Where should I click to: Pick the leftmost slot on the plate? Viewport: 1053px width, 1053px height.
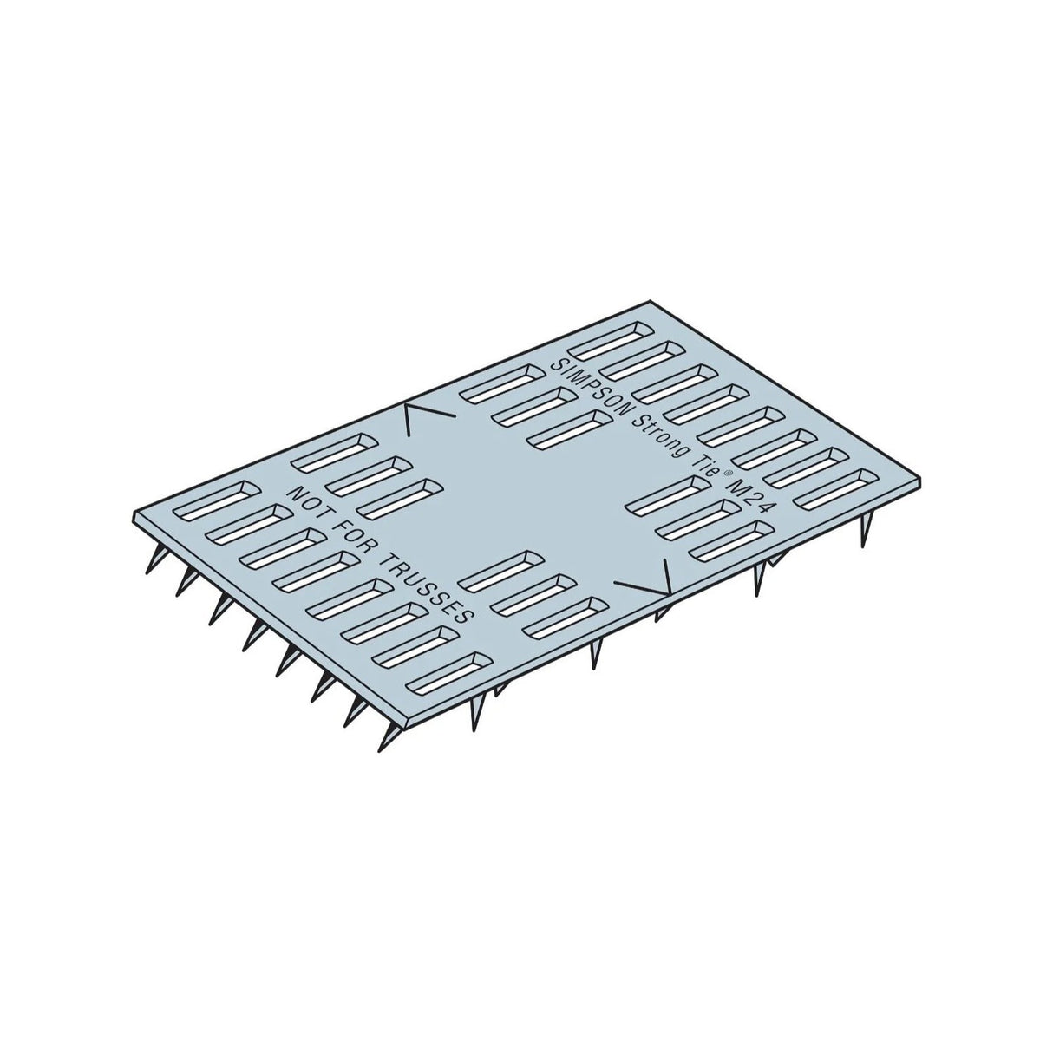tap(212, 500)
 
